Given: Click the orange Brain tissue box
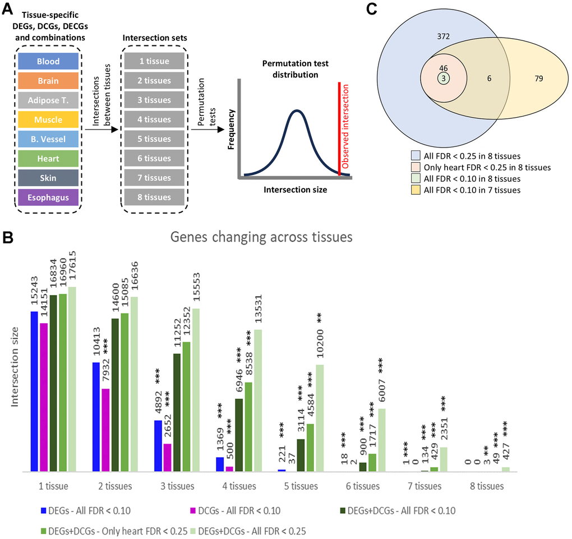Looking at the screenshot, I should click(48, 81).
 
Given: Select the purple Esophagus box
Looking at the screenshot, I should click(48, 197).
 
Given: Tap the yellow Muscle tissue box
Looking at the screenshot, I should click(48, 119).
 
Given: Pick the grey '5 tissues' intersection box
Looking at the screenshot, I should click(154, 139).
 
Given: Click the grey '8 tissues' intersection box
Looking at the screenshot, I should click(154, 197).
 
